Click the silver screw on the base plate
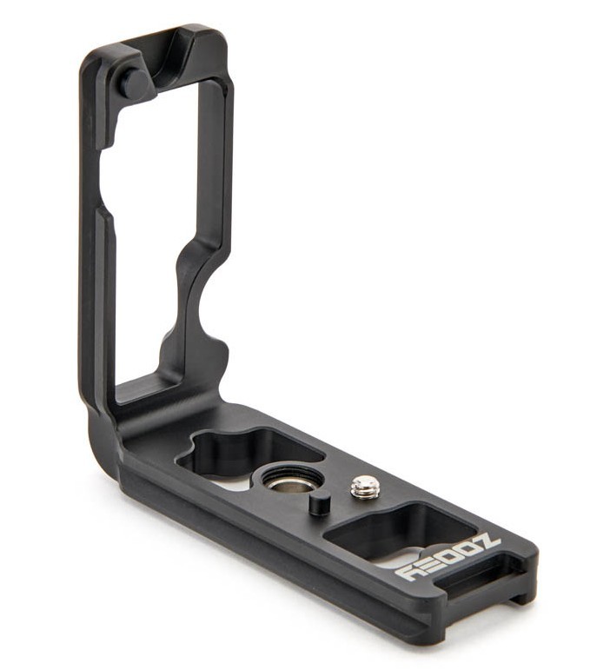coord(364,488)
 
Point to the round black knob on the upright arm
coord(134,83)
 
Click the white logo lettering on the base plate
coord(447,558)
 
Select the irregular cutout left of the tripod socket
coord(248,452)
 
